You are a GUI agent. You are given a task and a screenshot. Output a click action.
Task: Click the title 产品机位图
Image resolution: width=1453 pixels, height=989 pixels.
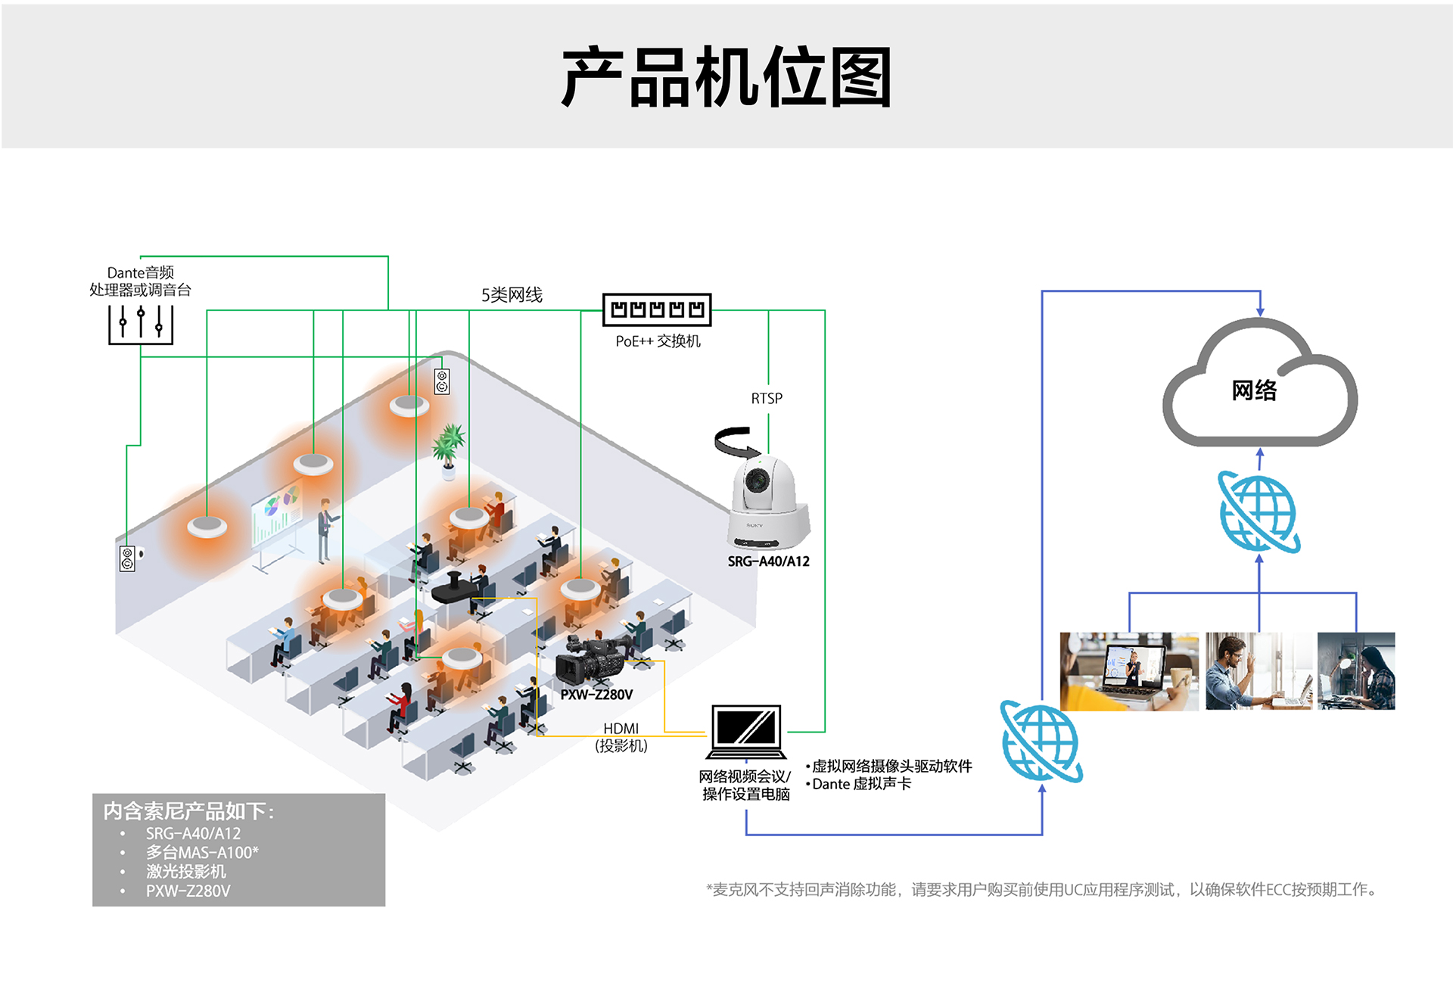tap(726, 76)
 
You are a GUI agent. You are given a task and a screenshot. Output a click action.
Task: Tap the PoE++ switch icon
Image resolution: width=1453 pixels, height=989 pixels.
tap(656, 309)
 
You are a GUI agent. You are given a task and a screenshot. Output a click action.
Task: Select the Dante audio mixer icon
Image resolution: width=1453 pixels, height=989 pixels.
tap(141, 324)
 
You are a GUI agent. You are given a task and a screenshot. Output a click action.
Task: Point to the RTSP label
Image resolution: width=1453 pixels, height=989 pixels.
tap(767, 398)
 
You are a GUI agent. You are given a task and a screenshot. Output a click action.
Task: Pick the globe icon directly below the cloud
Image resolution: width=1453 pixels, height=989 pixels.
tap(1259, 512)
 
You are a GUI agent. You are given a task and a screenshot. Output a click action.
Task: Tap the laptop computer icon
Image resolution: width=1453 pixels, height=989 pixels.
tap(746, 731)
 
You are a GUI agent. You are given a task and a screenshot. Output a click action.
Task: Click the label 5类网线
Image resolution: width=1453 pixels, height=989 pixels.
tap(512, 294)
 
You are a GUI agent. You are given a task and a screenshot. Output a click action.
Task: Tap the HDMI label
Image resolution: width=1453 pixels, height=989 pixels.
tap(621, 728)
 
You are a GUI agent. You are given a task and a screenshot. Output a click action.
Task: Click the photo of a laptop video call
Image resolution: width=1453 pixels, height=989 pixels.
tap(1128, 670)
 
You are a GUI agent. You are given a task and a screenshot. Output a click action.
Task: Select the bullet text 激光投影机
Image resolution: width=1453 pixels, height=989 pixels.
tap(186, 871)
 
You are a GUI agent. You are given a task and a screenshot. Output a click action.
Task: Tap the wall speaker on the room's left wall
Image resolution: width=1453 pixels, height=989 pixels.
tap(128, 558)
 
